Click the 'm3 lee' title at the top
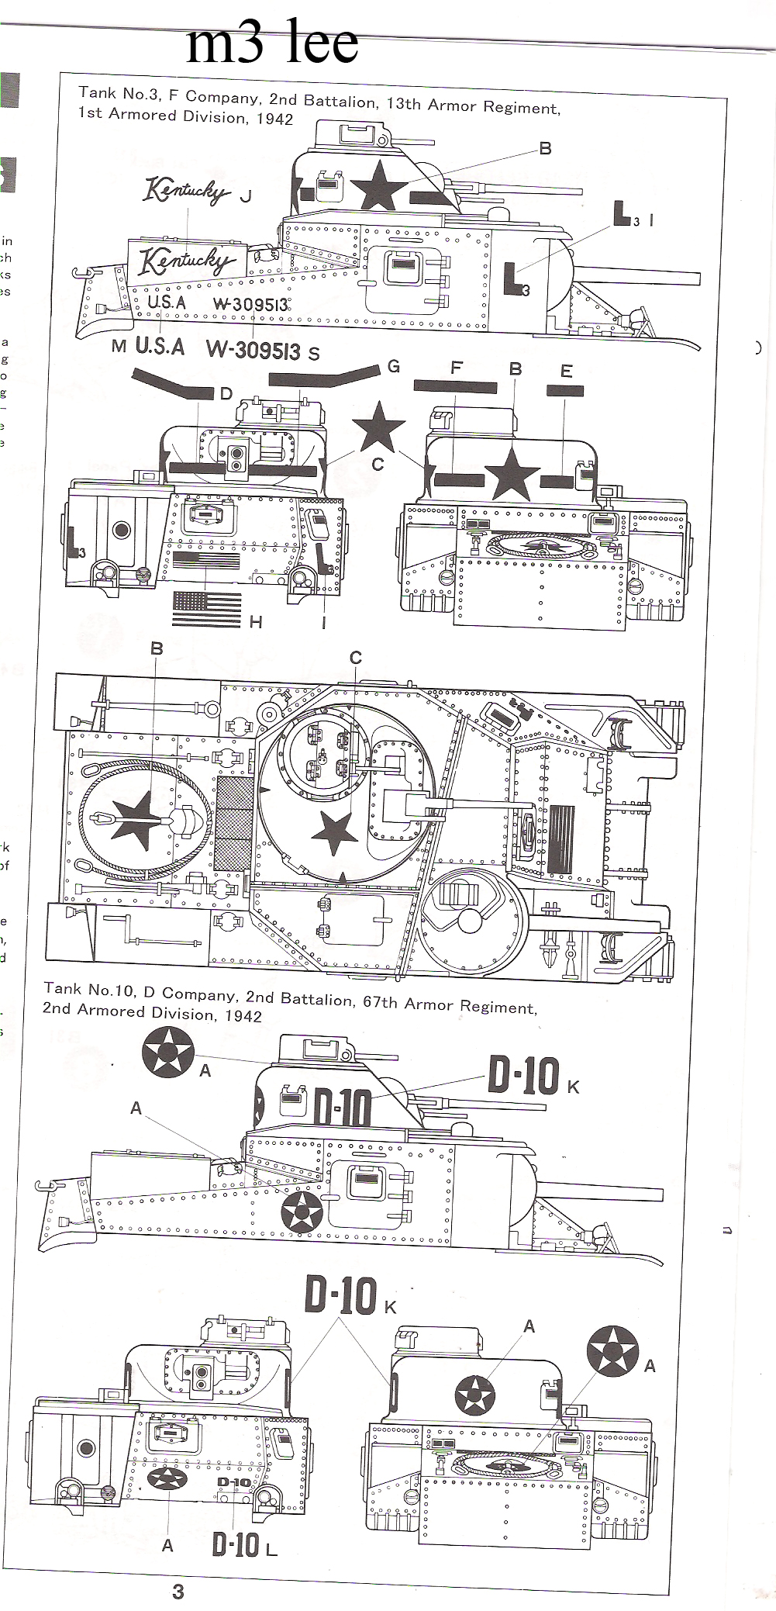point(272,45)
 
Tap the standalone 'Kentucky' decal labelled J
point(186,190)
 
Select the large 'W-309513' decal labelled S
point(253,350)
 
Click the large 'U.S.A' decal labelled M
point(160,346)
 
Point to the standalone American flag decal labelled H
point(207,609)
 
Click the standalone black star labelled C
point(378,426)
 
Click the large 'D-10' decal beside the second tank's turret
point(523,1076)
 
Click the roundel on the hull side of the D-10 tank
point(301,1211)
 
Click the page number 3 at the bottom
point(178,1592)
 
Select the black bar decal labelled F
point(455,386)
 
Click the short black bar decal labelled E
point(565,391)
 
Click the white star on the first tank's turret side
point(378,185)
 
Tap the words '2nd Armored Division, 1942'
point(153,1014)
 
